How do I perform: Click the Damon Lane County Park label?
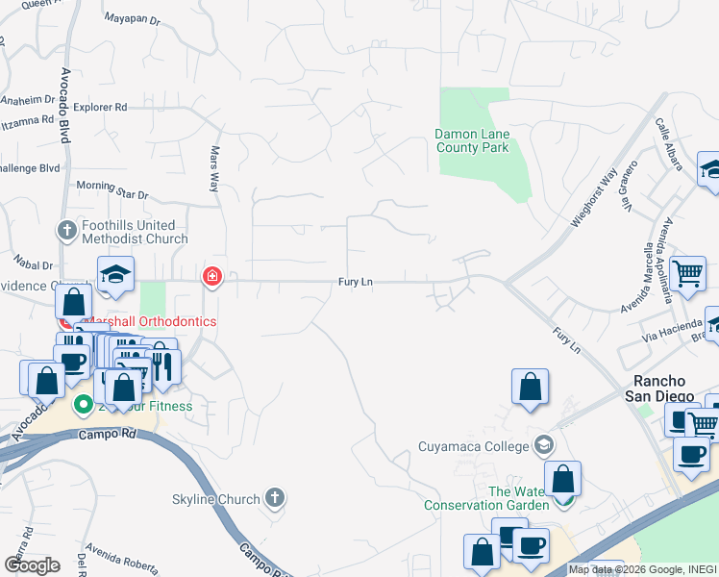(x=471, y=140)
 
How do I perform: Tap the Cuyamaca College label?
(x=474, y=446)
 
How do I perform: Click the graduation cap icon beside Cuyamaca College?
(x=545, y=444)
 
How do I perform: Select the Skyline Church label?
(x=216, y=499)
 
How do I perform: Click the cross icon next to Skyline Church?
(x=275, y=498)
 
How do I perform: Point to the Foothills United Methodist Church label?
(x=135, y=232)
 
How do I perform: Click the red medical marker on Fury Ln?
(x=211, y=279)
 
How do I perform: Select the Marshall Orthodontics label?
(x=150, y=321)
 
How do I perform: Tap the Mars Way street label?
(x=215, y=168)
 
